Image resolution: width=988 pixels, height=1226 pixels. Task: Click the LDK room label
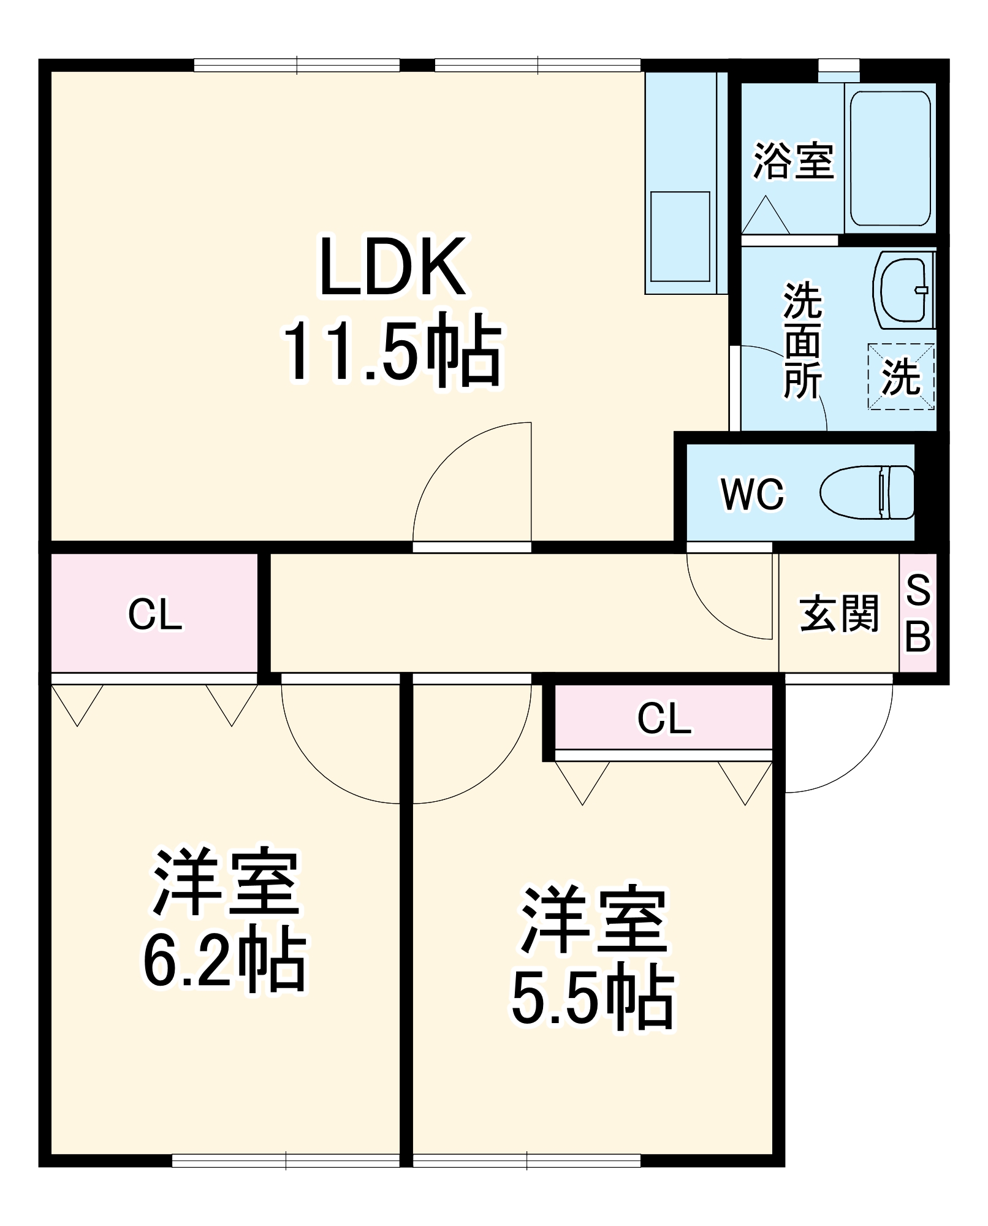(392, 267)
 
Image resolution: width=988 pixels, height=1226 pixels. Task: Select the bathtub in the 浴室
(890, 158)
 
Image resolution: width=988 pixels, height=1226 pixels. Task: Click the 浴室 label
(793, 162)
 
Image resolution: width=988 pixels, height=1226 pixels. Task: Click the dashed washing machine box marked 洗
(901, 376)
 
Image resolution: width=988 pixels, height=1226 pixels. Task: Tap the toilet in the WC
(867, 492)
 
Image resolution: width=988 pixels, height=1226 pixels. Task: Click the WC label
(753, 494)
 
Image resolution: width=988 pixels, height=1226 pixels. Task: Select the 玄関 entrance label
(838, 613)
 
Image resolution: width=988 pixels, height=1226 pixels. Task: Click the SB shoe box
(918, 613)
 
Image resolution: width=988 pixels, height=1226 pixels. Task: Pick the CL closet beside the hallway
(154, 613)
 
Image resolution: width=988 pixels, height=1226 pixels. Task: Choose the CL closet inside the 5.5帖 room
(664, 718)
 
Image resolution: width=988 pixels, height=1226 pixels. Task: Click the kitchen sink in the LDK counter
(680, 237)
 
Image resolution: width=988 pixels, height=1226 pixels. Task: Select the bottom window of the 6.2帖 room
(286, 1160)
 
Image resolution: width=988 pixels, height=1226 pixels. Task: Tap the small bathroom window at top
(838, 66)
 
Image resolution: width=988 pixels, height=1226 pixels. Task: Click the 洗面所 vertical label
(802, 341)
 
